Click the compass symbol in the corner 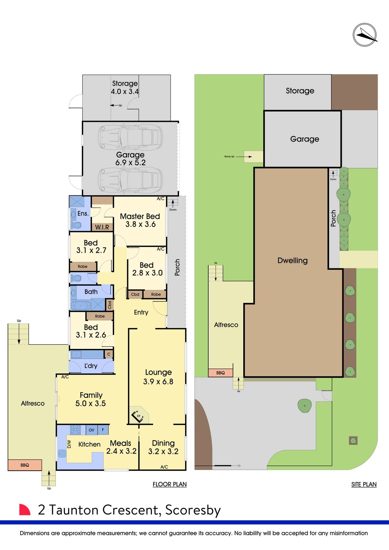click(365, 35)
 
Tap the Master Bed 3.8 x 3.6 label click(140, 220)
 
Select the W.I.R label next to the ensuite click(102, 227)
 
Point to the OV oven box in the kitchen click(92, 430)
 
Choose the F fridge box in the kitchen click(103, 430)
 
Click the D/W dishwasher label click(69, 444)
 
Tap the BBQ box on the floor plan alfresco click(25, 465)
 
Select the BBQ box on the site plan click(220, 373)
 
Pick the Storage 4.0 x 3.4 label click(125, 87)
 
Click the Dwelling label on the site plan click(292, 260)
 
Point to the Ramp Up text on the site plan click(229, 157)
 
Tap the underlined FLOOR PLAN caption click(170, 484)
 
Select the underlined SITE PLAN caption click(364, 484)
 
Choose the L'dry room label click(91, 366)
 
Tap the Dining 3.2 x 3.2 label click(163, 447)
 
